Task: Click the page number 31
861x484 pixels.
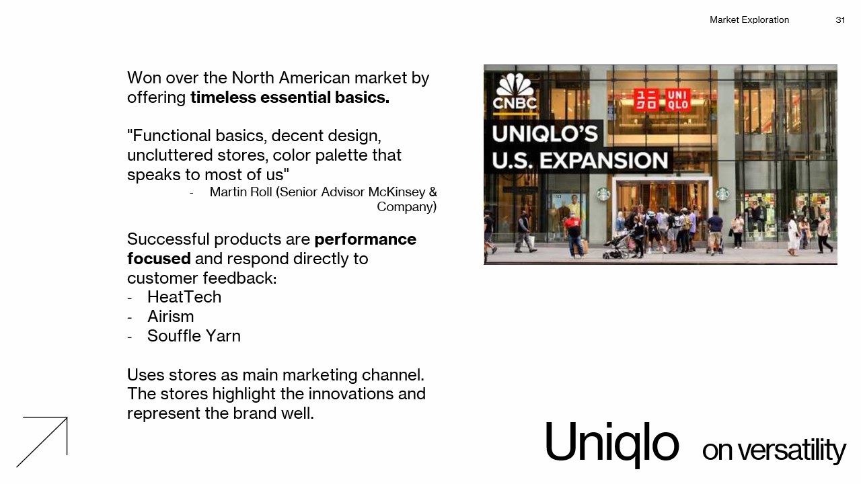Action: click(840, 20)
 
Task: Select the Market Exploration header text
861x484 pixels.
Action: click(749, 20)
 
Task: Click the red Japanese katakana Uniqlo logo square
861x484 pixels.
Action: click(646, 100)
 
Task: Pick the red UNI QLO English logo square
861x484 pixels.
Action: click(677, 100)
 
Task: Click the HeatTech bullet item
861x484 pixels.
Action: click(184, 297)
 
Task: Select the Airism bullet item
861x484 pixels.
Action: click(171, 317)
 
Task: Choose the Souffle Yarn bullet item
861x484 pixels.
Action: click(194, 336)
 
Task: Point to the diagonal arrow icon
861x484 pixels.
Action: click(42, 442)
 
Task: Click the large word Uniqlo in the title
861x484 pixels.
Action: click(612, 444)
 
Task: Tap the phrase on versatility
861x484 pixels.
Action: click(774, 450)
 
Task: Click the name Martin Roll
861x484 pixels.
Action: click(241, 192)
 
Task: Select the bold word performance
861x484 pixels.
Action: click(365, 239)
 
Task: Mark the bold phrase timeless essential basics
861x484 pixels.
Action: click(290, 97)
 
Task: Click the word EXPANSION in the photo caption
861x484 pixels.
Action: click(604, 161)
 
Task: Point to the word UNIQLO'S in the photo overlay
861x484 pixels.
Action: click(545, 134)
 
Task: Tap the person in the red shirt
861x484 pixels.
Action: click(574, 235)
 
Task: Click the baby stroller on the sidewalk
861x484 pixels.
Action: click(617, 246)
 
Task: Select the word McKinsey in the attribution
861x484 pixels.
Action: click(396, 192)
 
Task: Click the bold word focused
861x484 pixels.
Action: click(159, 259)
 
